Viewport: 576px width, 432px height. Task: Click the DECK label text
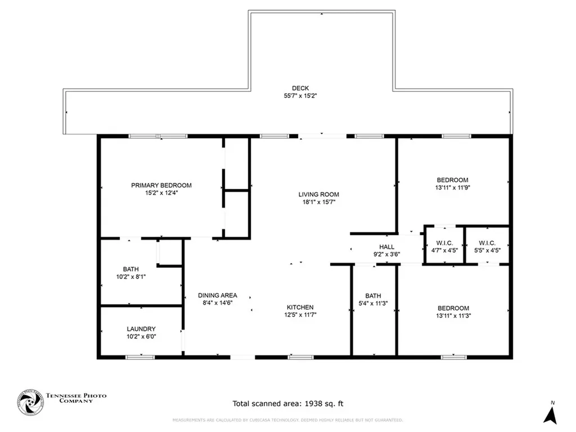pos(300,88)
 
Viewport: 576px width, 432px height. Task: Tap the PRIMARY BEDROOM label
pos(161,186)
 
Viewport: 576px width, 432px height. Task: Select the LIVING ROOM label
pos(318,195)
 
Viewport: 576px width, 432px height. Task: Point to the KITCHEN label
pos(300,308)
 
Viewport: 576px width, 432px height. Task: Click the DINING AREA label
pos(217,295)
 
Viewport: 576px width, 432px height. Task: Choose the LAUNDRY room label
pos(141,329)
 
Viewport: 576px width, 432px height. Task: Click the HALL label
pos(386,247)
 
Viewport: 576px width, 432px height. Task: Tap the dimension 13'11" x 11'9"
pos(453,188)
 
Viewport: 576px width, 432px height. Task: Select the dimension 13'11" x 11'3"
pos(453,316)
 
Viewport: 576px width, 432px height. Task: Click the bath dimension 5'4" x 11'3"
pos(373,304)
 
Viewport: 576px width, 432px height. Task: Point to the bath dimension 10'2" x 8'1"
pos(131,277)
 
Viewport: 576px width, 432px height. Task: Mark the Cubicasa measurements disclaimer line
pos(287,420)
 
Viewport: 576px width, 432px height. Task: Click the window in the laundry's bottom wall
pos(140,357)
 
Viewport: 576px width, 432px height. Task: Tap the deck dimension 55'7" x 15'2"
pos(300,96)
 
